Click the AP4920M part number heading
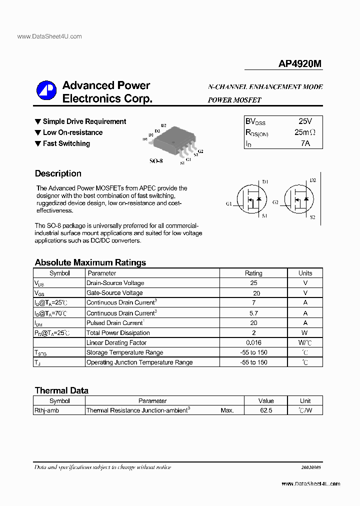tap(299, 64)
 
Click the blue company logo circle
tap(46, 90)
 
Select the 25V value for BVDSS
tap(305, 121)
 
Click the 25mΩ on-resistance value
tap(305, 132)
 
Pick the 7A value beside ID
tap(305, 143)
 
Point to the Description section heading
tap(58, 173)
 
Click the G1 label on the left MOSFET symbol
tap(228, 204)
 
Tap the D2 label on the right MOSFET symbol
tap(313, 180)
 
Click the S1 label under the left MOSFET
tap(264, 216)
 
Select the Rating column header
tap(253, 273)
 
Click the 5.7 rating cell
tap(253, 313)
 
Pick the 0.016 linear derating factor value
tap(253, 342)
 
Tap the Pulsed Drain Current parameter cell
tap(115, 323)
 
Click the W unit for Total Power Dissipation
tap(305, 333)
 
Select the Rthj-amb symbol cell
tap(46, 410)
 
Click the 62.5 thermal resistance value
tap(266, 410)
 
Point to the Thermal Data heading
tap(61, 390)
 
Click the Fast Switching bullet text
tap(66, 143)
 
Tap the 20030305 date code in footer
tap(311, 467)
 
